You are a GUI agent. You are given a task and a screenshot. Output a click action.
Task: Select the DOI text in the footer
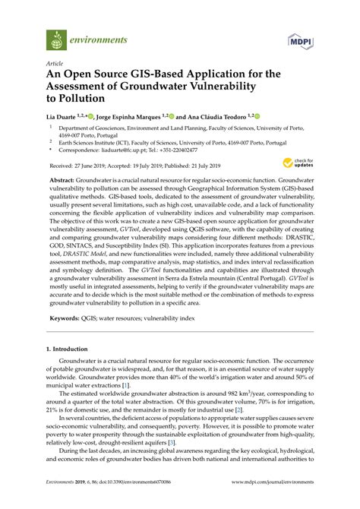(x=126, y=502)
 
